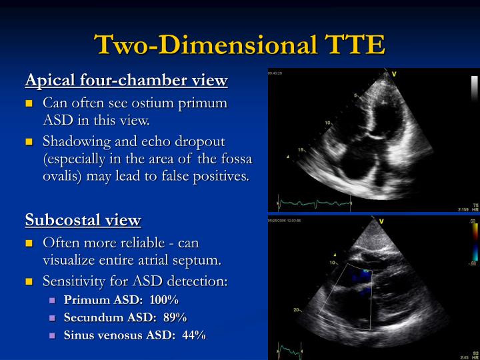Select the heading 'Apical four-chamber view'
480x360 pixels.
[126, 81]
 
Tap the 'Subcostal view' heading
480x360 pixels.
[83, 220]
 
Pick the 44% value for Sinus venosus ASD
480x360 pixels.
[193, 335]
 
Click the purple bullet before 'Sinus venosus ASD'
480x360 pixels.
[53, 335]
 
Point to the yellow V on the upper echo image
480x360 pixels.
[394, 74]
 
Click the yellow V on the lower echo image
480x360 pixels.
[381, 221]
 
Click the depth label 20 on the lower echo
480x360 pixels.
[295, 310]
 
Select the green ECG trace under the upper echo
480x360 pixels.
[313, 202]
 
